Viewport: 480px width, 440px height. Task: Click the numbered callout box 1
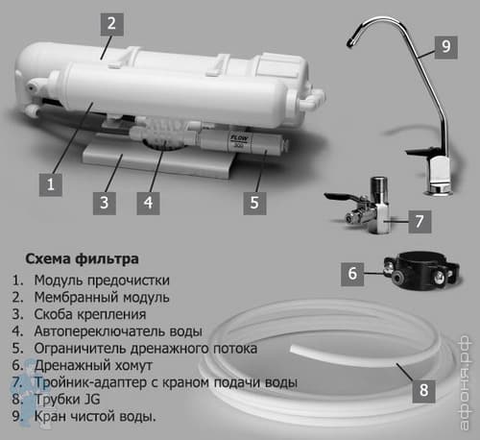(51, 184)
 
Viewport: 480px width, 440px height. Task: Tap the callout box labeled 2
(112, 24)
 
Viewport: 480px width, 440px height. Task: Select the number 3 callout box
(105, 203)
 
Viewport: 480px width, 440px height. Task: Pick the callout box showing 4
(148, 203)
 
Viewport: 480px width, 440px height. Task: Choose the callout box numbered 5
(254, 203)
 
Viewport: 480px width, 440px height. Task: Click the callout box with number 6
(352, 274)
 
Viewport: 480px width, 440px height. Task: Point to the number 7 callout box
(420, 222)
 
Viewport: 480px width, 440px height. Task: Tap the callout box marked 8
(424, 391)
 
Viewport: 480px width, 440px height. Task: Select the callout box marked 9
(446, 47)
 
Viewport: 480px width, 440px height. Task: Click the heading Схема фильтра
(82, 258)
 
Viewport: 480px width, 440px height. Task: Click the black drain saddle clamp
(421, 271)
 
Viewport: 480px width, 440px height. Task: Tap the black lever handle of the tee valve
(340, 196)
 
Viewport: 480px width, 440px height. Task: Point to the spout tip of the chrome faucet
(350, 43)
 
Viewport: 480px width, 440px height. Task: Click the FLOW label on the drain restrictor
(239, 139)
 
